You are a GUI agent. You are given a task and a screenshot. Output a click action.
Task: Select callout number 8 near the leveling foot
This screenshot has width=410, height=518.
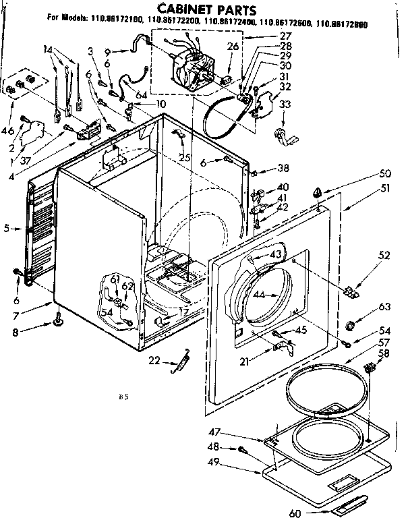point(16,332)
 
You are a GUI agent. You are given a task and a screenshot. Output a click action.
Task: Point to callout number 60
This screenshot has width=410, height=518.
point(294,513)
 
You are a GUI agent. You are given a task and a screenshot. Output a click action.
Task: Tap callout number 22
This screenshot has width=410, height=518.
point(154,361)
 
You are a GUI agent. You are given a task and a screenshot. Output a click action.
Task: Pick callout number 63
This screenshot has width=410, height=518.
point(384,307)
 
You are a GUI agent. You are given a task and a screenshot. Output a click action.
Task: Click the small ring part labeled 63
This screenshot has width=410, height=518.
point(351,327)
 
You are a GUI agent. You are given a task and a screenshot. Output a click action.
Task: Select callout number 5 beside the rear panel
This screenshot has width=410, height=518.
point(6,229)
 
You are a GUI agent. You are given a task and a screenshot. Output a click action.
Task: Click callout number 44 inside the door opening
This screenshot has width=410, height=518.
point(258,295)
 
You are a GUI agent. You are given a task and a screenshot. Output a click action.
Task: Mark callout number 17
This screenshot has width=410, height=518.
point(184,312)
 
